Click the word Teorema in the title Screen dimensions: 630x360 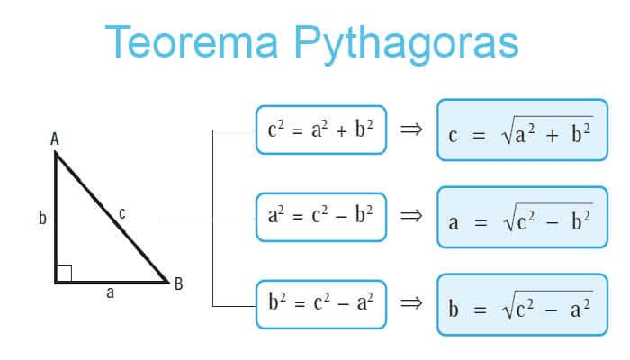pyautogui.click(x=192, y=42)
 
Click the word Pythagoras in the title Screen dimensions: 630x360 pyautogui.click(x=406, y=45)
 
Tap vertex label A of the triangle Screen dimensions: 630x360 pyautogui.click(x=55, y=139)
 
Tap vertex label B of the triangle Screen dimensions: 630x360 pyautogui.click(x=179, y=283)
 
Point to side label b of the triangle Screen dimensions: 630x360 pyautogui.click(x=42, y=218)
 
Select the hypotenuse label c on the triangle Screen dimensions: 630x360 pyautogui.click(x=122, y=213)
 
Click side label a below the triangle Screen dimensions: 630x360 pyautogui.click(x=110, y=292)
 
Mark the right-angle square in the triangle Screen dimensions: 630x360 pyautogui.click(x=64, y=274)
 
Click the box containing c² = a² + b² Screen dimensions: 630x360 pyautogui.click(x=321, y=130)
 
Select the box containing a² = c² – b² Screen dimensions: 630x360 pyautogui.click(x=321, y=217)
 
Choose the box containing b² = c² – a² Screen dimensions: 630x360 pyautogui.click(x=321, y=304)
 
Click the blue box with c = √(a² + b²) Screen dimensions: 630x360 pyautogui.click(x=522, y=130)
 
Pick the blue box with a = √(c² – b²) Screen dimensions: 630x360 pyautogui.click(x=522, y=217)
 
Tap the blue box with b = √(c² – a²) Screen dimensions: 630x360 pyautogui.click(x=522, y=304)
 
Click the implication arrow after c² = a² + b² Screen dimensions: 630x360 pyautogui.click(x=411, y=129)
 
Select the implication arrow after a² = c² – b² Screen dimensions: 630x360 pyautogui.click(x=411, y=216)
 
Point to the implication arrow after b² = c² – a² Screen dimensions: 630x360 pyautogui.click(x=411, y=302)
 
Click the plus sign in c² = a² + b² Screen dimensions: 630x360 pyautogui.click(x=341, y=131)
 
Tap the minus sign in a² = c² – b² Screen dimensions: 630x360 pyautogui.click(x=341, y=218)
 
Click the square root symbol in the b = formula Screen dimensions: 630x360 pyautogui.click(x=508, y=304)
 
